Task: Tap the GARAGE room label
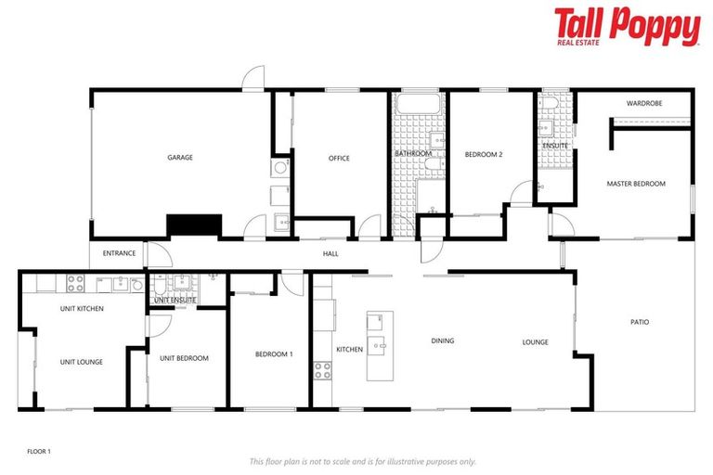pos(180,158)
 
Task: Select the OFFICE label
pos(339,159)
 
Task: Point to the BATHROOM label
pos(413,153)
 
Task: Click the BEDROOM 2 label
pos(484,154)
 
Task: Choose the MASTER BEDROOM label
pos(636,184)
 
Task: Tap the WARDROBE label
pos(642,103)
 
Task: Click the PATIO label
pos(640,322)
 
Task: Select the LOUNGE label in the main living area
pos(536,342)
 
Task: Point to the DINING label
pos(443,340)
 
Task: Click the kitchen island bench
pos(380,345)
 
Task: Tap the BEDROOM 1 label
pos(274,354)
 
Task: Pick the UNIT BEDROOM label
pos(184,358)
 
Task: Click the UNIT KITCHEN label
pos(82,308)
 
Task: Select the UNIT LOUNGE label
pos(82,362)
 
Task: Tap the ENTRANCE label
pos(119,253)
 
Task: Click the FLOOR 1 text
pos(38,451)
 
